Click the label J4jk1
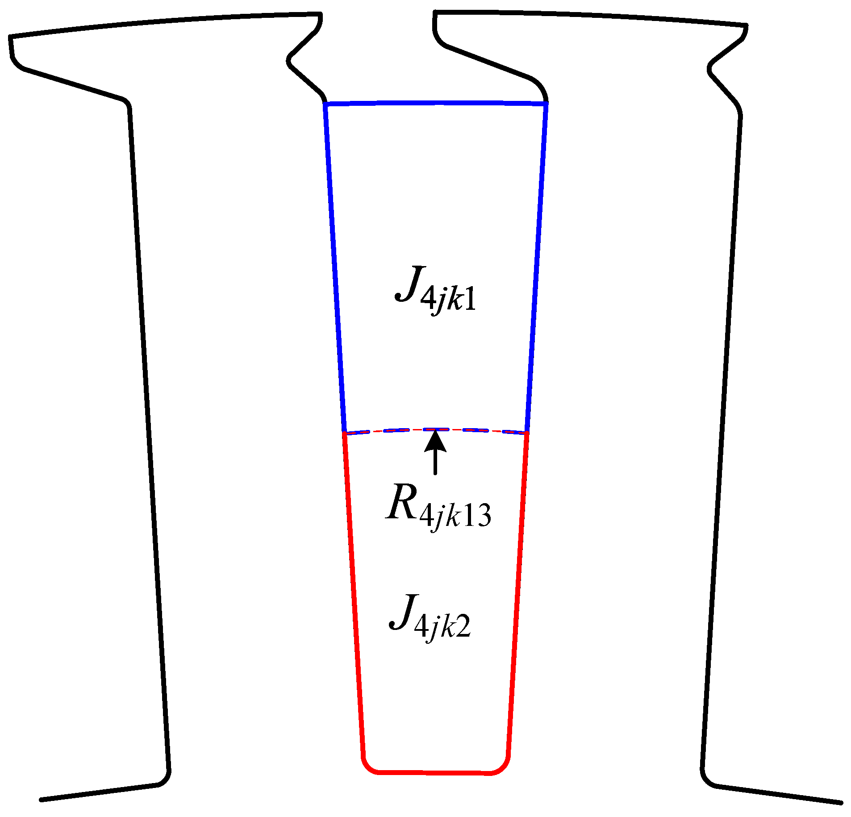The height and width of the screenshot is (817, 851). (435, 291)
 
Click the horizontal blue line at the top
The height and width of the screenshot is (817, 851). (435, 104)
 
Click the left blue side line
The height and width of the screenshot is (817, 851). (335, 268)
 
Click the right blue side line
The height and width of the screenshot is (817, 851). (537, 268)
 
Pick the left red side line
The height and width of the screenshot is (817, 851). (353, 603)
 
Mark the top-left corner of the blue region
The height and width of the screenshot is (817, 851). (326, 104)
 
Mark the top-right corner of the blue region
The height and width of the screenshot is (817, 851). (546, 104)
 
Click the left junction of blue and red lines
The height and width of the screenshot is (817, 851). (344, 433)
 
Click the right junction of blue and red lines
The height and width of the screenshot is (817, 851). (527, 432)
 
